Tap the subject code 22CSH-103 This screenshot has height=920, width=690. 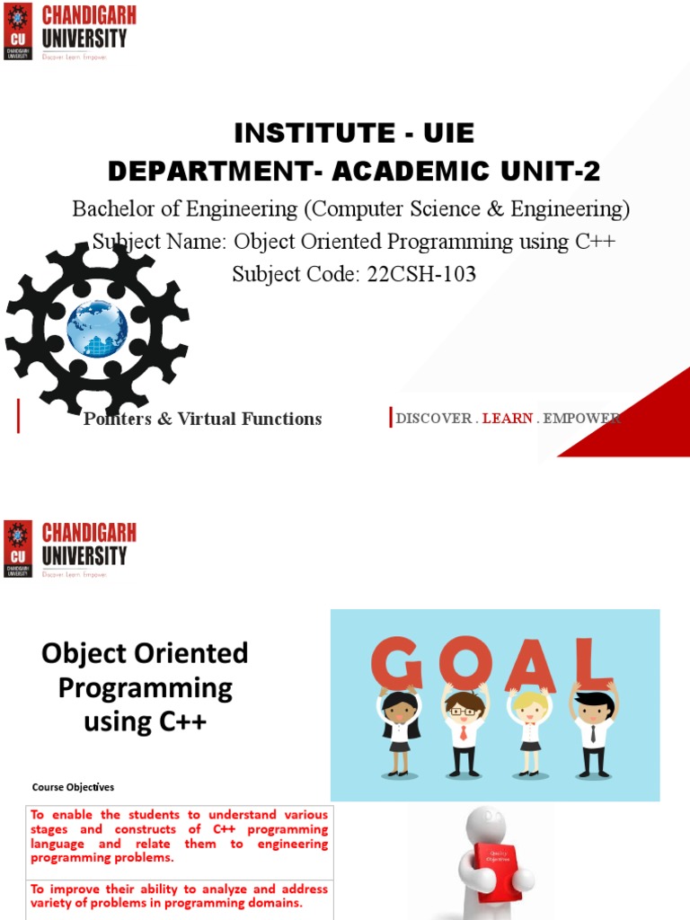pyautogui.click(x=420, y=274)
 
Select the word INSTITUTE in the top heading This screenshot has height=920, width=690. pyautogui.click(x=302, y=134)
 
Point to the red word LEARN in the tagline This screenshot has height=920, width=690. pyautogui.click(x=508, y=419)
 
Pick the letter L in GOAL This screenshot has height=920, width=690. pyautogui.click(x=593, y=662)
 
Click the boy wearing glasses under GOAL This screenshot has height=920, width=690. pyautogui.click(x=464, y=732)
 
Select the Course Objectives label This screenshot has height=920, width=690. pyautogui.click(x=73, y=788)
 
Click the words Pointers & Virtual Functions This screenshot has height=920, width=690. pyautogui.click(x=202, y=419)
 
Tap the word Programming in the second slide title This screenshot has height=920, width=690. pyautogui.click(x=145, y=688)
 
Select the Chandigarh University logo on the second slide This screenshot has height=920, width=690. pyautogui.click(x=67, y=549)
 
